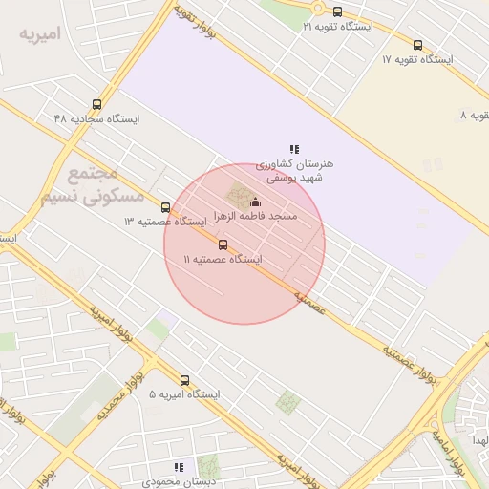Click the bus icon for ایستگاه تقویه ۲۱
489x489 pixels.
pyautogui.click(x=337, y=12)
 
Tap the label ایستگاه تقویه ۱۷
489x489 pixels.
pyautogui.click(x=416, y=59)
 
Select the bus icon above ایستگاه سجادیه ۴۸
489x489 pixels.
pyautogui.click(x=96, y=104)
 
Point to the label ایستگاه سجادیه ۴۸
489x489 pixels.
pyautogui.click(x=96, y=119)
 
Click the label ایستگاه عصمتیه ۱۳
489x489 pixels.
pyautogui.click(x=165, y=222)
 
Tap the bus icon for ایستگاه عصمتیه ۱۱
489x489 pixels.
pyautogui.click(x=223, y=244)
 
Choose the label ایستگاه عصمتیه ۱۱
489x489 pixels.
pyautogui.click(x=223, y=260)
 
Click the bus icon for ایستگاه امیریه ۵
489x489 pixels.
pyautogui.click(x=184, y=379)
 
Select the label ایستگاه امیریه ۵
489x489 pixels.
pyautogui.click(x=184, y=394)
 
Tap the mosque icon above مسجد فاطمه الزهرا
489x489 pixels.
pyautogui.click(x=254, y=202)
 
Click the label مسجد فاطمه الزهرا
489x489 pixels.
pyautogui.click(x=255, y=217)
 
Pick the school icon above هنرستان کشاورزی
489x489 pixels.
pyautogui.click(x=295, y=149)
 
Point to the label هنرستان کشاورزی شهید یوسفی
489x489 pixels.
pyautogui.click(x=295, y=170)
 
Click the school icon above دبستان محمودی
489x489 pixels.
pyautogui.click(x=178, y=467)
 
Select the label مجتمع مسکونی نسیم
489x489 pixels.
pyautogui.click(x=93, y=184)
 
